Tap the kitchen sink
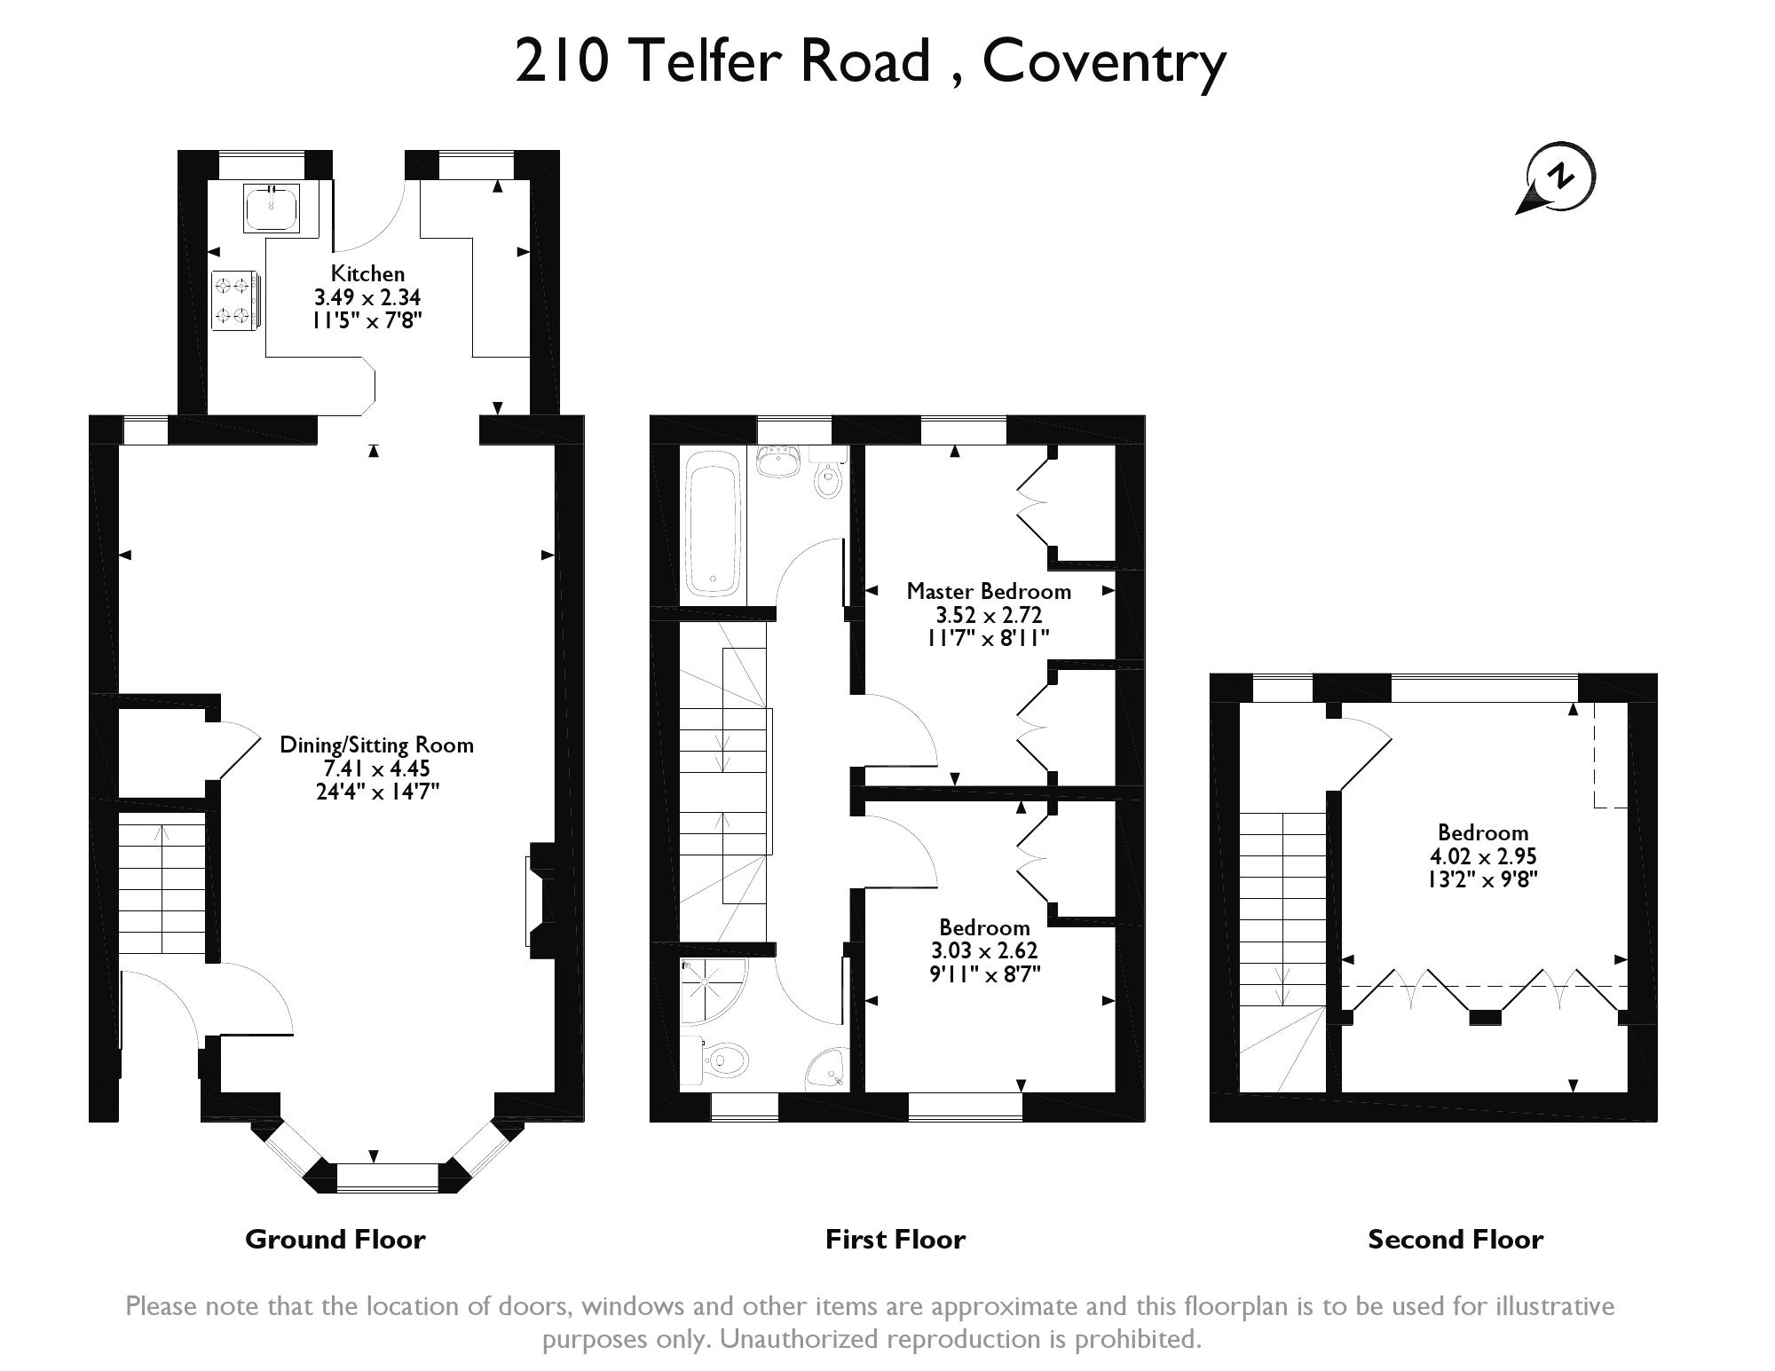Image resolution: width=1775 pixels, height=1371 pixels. (x=272, y=208)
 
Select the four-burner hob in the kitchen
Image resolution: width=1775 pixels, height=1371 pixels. (x=236, y=300)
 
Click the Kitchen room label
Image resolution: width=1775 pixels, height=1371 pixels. (x=367, y=273)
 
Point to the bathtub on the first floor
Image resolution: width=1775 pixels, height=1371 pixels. (x=712, y=523)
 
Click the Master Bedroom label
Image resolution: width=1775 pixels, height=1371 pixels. (x=989, y=591)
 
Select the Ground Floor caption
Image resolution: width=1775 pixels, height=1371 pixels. (x=335, y=1239)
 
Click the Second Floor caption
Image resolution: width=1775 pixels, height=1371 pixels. (x=1455, y=1239)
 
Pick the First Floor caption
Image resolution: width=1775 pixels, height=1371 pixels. (x=895, y=1239)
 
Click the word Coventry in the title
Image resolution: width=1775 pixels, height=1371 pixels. (x=1104, y=62)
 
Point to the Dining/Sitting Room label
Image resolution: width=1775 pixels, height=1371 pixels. (x=377, y=745)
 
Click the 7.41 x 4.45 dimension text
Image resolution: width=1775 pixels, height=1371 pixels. (x=377, y=768)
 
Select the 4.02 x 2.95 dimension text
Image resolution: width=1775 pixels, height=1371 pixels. (x=1483, y=856)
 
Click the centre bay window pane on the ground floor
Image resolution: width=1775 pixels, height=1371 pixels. (x=388, y=1178)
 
